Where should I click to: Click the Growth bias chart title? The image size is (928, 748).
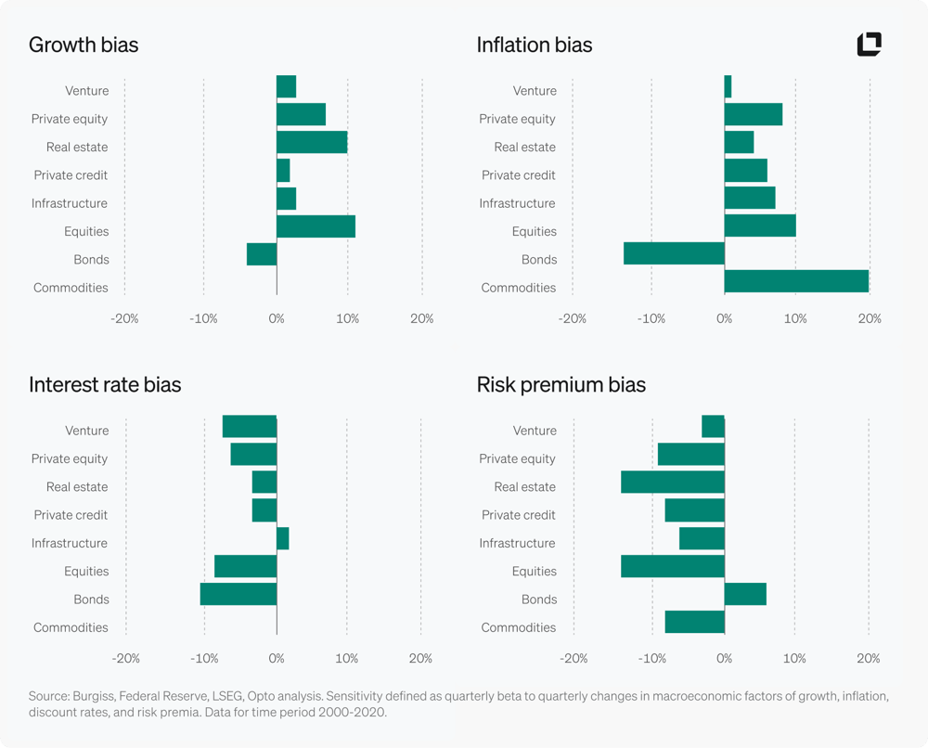coord(84,45)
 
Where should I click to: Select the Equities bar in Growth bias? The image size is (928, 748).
coord(316,226)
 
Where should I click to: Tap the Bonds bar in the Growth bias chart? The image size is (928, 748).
coord(262,254)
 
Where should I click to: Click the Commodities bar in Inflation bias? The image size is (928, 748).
coord(796,281)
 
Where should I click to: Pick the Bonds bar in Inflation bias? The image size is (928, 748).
coord(674,253)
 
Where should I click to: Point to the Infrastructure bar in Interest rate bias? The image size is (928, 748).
coord(283,538)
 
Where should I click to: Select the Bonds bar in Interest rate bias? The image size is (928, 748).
coord(238,594)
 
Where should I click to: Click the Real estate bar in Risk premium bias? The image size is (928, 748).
coord(673,482)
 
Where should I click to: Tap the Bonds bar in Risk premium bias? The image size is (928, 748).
coord(745,594)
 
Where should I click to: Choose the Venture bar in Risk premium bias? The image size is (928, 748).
coord(713,426)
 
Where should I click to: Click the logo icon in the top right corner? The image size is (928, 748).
coord(870,44)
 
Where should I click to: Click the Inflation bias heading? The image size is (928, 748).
coord(535,45)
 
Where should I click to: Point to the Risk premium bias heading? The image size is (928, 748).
coord(561,384)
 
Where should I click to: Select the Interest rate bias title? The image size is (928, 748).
coord(105,384)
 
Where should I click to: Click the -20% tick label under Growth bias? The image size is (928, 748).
coord(124,319)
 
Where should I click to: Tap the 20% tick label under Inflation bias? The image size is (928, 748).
coord(870,319)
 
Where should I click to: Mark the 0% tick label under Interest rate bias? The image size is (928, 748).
coord(277,659)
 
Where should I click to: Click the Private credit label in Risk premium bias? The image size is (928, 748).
coord(519,515)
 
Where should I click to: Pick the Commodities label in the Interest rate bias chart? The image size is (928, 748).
coord(71,627)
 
